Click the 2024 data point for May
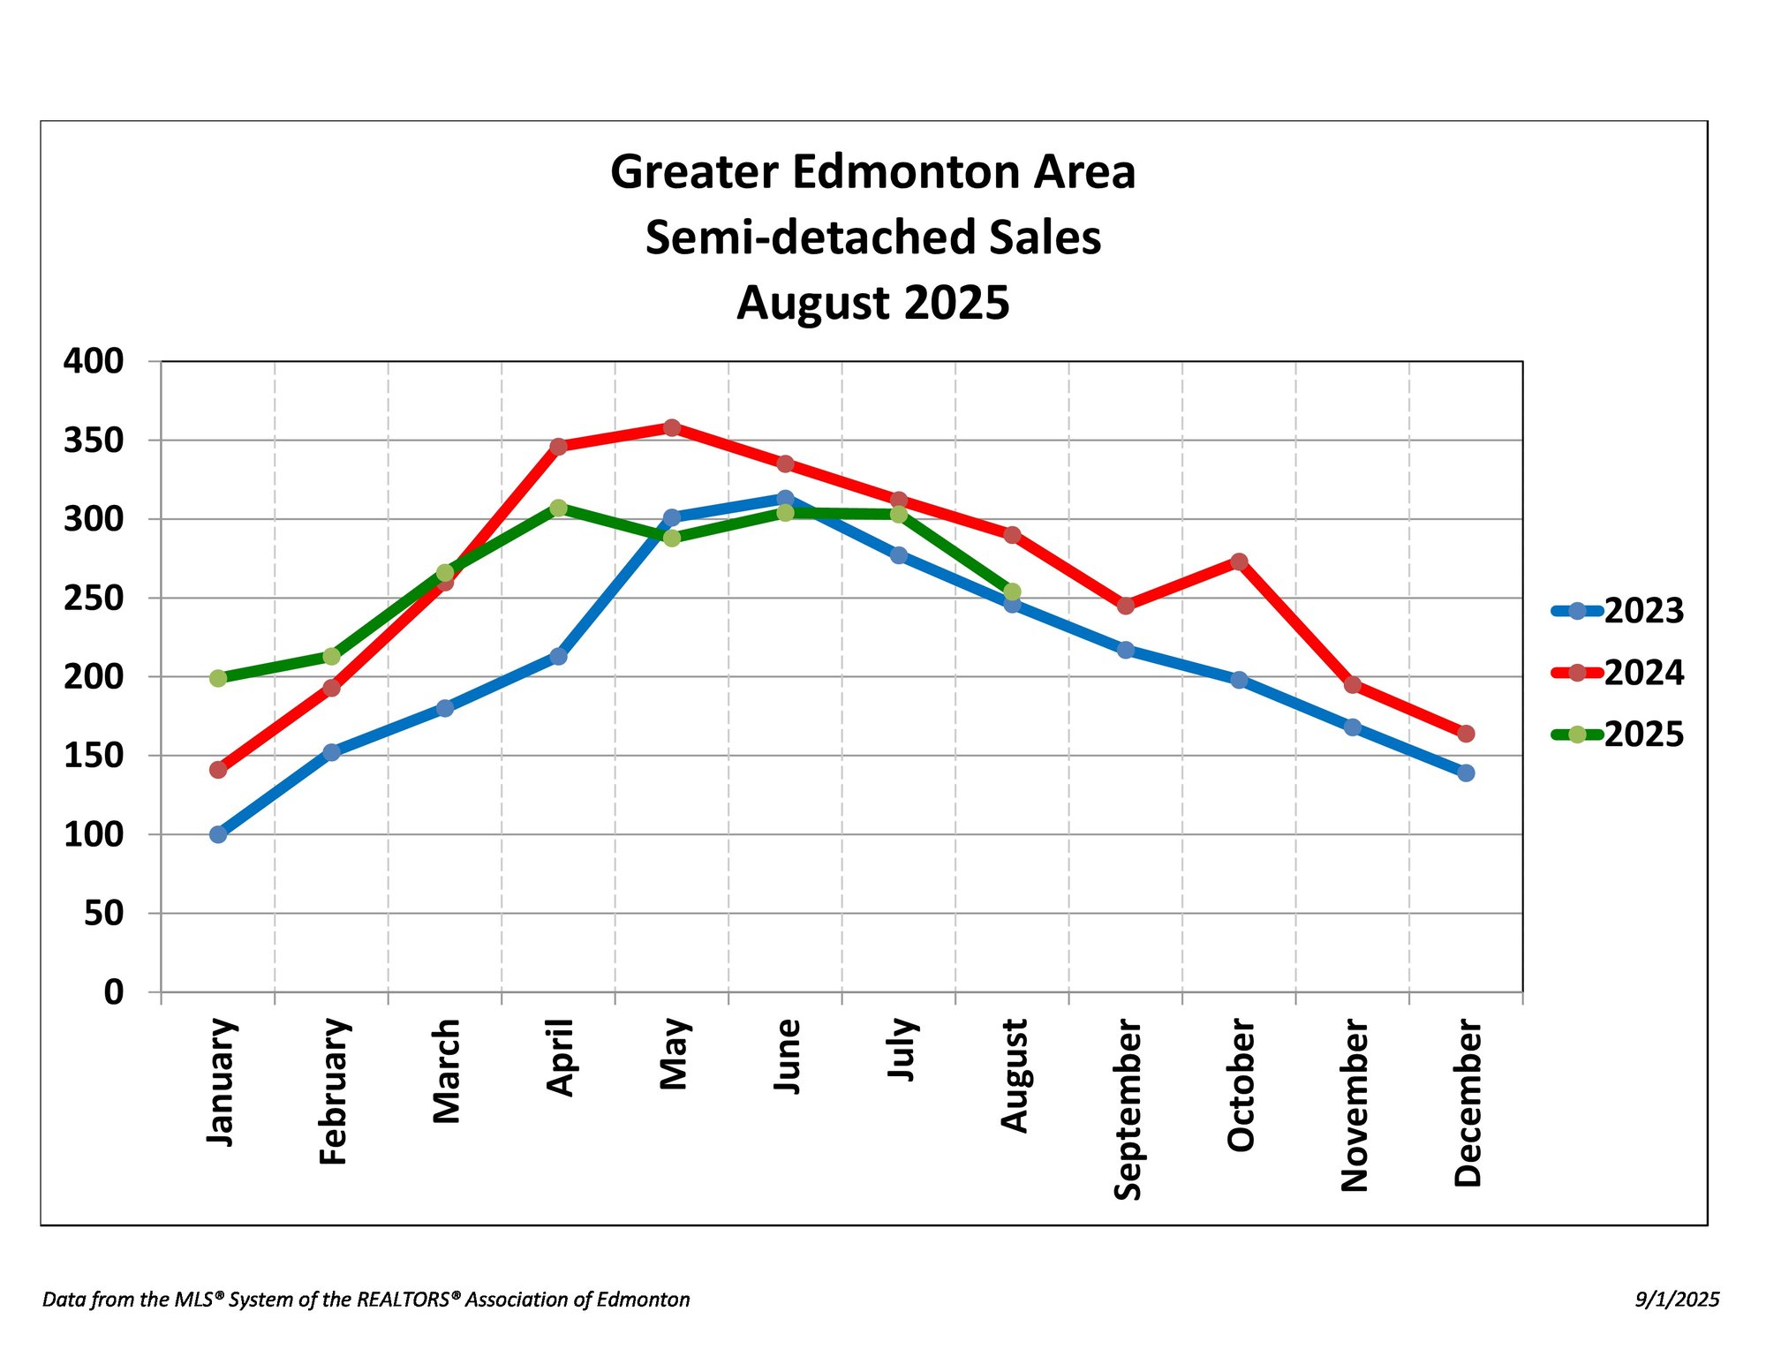[x=672, y=428]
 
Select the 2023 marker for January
[x=218, y=834]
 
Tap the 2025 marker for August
[x=1012, y=592]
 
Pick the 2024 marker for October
[x=1239, y=561]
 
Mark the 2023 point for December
[x=1466, y=773]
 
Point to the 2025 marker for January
[x=218, y=678]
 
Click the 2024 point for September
[x=1126, y=606]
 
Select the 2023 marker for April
[x=558, y=657]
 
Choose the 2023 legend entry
[x=1618, y=611]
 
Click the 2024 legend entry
[x=1618, y=673]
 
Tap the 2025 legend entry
[x=1618, y=735]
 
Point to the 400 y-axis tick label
[x=94, y=361]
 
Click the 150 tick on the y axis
[x=94, y=756]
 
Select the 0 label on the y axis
[x=113, y=992]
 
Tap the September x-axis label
[x=1128, y=1109]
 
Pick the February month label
[x=334, y=1091]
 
